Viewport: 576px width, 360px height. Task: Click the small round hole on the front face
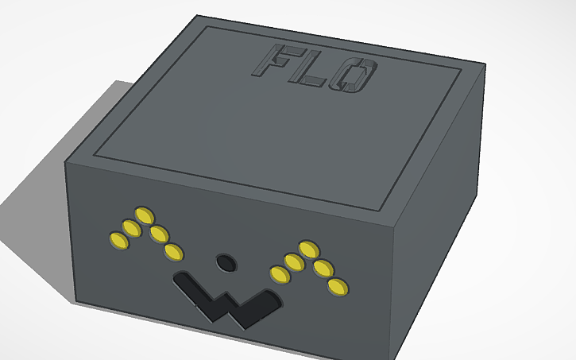226,261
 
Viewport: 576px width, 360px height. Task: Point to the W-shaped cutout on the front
227,300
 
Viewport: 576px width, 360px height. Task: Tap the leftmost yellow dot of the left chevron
118,239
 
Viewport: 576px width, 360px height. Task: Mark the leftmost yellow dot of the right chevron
280,275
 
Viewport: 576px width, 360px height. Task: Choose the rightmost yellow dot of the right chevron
339,287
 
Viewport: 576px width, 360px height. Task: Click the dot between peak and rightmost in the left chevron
159,234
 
